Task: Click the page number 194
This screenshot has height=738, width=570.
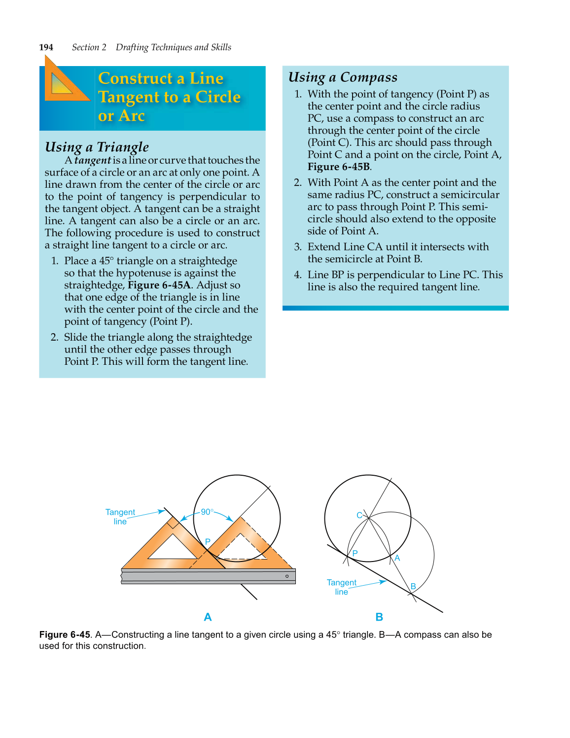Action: pyautogui.click(x=46, y=47)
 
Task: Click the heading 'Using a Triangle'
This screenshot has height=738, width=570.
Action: pyautogui.click(x=97, y=147)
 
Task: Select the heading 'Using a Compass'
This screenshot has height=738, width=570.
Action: pyautogui.click(x=343, y=77)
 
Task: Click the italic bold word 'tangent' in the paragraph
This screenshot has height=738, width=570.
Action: pyautogui.click(x=93, y=160)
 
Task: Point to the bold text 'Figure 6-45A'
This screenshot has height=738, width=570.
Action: pyautogui.click(x=159, y=285)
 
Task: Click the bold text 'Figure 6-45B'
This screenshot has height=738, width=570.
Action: pyautogui.click(x=339, y=167)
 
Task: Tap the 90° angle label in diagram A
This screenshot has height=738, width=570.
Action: pyautogui.click(x=207, y=512)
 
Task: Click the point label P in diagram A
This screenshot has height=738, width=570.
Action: pyautogui.click(x=208, y=542)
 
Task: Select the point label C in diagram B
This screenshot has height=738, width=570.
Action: pyautogui.click(x=359, y=515)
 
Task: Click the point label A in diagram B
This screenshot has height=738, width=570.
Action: pyautogui.click(x=397, y=558)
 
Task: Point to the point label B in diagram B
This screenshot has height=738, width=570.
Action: pyautogui.click(x=413, y=586)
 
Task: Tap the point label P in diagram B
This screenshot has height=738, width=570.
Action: pyautogui.click(x=355, y=553)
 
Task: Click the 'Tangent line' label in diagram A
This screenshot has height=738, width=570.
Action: pyautogui.click(x=120, y=517)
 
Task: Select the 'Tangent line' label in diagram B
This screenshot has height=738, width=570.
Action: pyautogui.click(x=341, y=587)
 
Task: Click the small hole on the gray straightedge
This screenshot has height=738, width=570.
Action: pyautogui.click(x=287, y=576)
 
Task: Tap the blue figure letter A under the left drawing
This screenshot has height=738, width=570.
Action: pyautogui.click(x=208, y=617)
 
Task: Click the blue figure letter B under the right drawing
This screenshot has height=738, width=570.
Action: pyautogui.click(x=379, y=617)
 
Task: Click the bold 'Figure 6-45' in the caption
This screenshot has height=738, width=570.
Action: pyautogui.click(x=65, y=634)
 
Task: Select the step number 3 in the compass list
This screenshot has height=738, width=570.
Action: pyautogui.click(x=297, y=247)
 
